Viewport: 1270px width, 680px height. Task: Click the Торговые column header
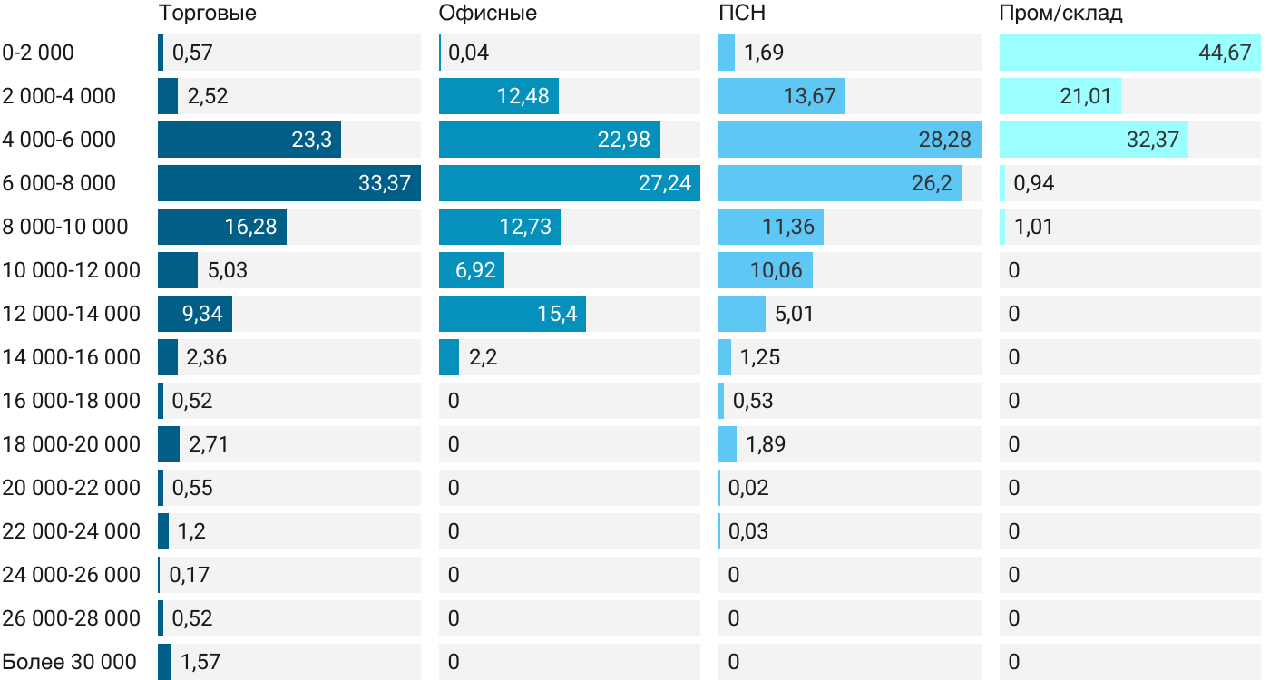(x=207, y=14)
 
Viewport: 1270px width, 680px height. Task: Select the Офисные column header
(x=487, y=14)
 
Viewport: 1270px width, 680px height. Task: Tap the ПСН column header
(x=736, y=14)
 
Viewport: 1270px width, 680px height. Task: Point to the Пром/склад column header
(x=1060, y=14)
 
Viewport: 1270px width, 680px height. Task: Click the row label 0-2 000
(x=38, y=53)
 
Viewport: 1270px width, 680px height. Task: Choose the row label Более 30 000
(x=70, y=662)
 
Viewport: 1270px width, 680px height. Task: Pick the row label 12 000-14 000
(x=72, y=314)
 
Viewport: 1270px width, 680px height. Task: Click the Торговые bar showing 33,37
(x=288, y=183)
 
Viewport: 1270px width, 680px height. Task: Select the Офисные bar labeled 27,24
(x=569, y=183)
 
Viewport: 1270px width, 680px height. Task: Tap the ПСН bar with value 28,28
(x=849, y=140)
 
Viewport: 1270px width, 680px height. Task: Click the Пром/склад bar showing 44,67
(x=1129, y=53)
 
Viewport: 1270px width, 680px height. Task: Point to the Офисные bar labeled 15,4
(x=512, y=314)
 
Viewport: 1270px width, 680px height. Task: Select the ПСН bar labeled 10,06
(x=765, y=270)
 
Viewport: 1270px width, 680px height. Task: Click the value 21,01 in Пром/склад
(x=1085, y=96)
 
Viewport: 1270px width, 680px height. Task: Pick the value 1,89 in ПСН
(x=765, y=444)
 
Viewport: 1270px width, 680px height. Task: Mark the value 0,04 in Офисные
(x=468, y=53)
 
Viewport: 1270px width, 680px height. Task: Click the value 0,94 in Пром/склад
(x=1033, y=183)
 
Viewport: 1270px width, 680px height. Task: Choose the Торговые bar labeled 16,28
(x=221, y=227)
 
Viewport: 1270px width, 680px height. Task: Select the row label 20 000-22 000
(x=72, y=488)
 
